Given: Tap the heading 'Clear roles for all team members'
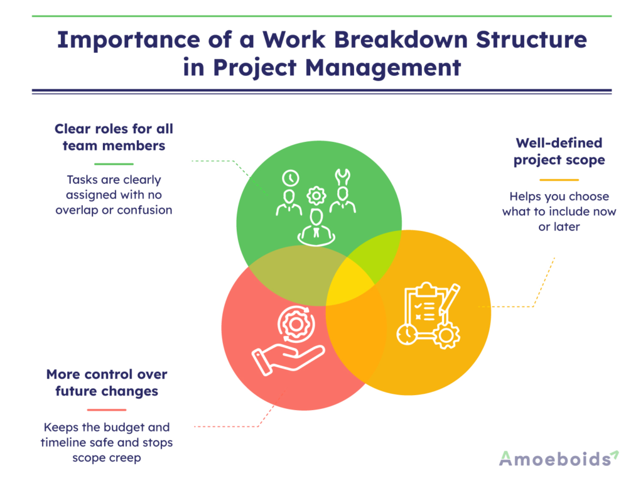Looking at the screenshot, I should click(x=114, y=137).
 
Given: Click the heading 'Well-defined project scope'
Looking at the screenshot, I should click(x=559, y=151).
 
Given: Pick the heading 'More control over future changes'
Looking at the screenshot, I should click(x=106, y=383).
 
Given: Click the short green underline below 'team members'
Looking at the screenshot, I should click(x=114, y=164).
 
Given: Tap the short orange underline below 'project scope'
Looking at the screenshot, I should click(x=559, y=180).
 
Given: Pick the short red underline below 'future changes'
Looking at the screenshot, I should click(x=106, y=409).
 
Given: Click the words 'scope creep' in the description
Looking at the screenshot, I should click(x=106, y=458).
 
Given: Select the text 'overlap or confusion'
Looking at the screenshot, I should click(x=114, y=210).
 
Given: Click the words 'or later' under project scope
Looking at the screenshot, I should click(x=559, y=226).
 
